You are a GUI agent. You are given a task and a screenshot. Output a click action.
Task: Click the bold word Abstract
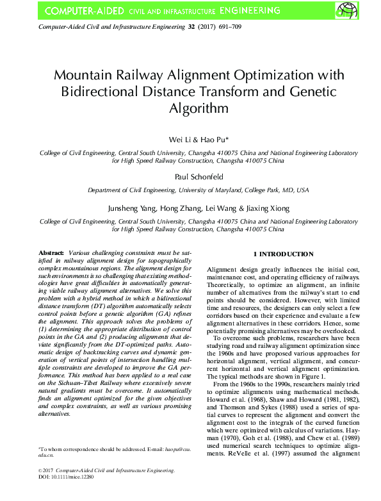(x=51, y=254)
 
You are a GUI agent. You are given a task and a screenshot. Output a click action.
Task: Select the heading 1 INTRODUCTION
(x=283, y=254)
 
